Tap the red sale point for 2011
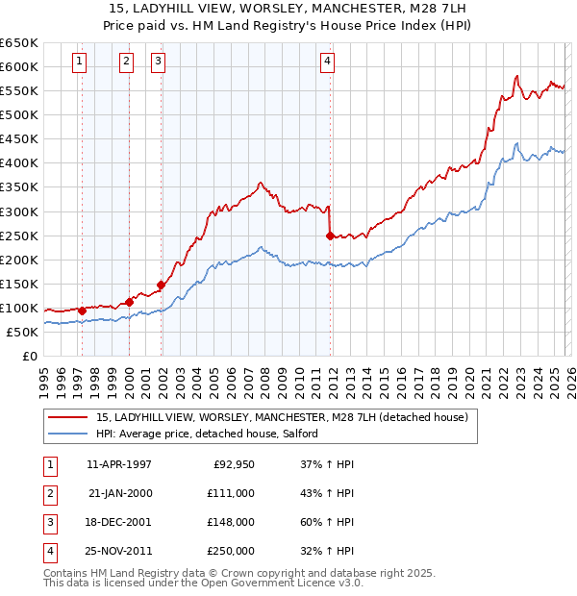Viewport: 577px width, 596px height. (330, 235)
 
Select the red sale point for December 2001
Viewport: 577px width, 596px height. (161, 285)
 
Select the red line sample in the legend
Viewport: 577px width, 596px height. (67, 418)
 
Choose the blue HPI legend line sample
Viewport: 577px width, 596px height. (67, 435)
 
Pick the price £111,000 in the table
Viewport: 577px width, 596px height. (230, 493)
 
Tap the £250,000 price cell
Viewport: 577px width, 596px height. (230, 551)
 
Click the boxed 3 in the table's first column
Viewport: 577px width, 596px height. (49, 522)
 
